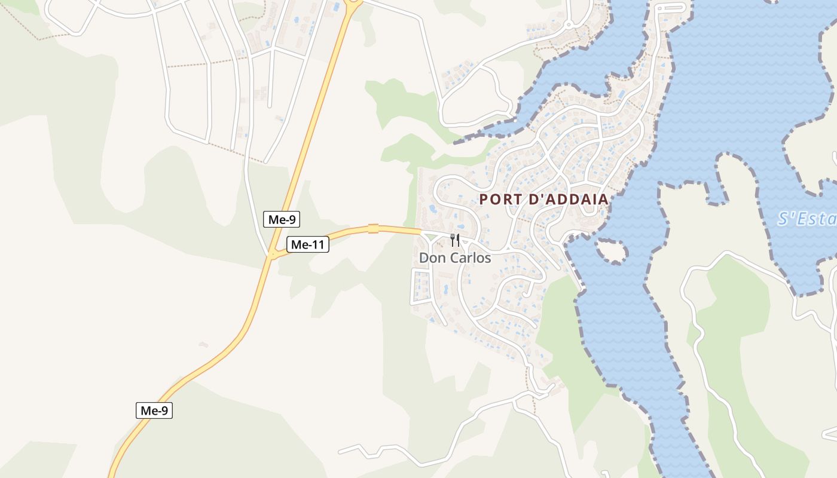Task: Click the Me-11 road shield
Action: [x=308, y=244]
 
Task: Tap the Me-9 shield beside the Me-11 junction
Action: [x=282, y=219]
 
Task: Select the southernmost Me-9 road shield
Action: [x=154, y=410]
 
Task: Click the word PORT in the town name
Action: [x=500, y=200]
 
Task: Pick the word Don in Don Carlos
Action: [x=432, y=258]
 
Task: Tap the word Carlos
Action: [x=469, y=258]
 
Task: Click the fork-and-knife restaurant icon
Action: [x=455, y=240]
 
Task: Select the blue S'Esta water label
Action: [x=807, y=219]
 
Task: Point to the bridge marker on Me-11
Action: [x=373, y=228]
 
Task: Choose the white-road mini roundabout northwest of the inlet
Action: [x=568, y=24]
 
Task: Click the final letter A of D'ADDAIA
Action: [x=603, y=200]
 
